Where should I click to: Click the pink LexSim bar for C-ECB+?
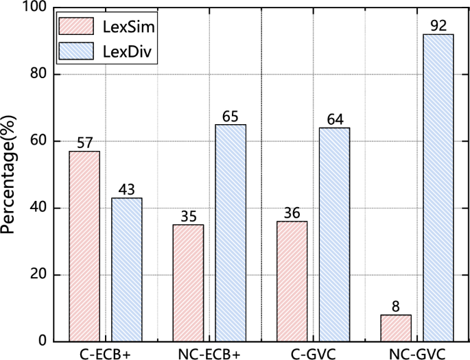84,246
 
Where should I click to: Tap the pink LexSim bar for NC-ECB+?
188,283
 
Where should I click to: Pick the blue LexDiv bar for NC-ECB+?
231,232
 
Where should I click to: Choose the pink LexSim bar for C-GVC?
292,281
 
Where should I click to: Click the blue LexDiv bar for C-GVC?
334,235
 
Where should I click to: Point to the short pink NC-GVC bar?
396,328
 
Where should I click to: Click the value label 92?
438,26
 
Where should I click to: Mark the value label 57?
84,143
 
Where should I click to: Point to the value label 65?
231,116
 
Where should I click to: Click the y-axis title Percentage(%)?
10,175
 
